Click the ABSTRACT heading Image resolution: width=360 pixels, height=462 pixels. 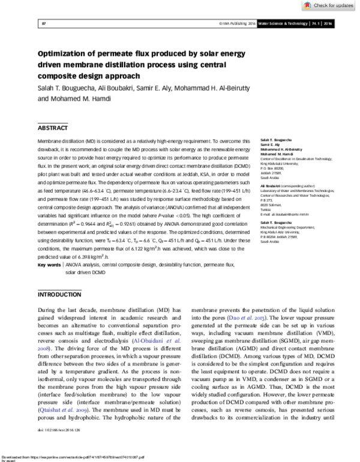53,128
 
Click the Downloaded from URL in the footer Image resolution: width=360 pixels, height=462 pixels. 72,455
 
